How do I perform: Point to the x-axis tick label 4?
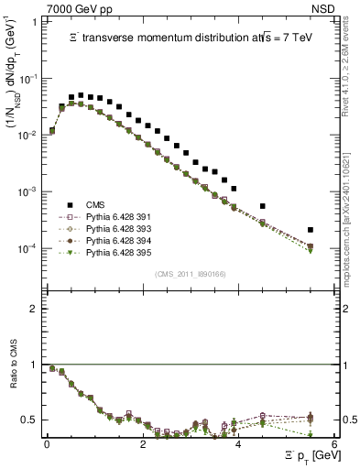pyautogui.click(x=238, y=443)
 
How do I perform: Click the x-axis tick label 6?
pyautogui.click(x=334, y=443)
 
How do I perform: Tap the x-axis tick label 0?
pyautogui.click(x=48, y=443)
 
